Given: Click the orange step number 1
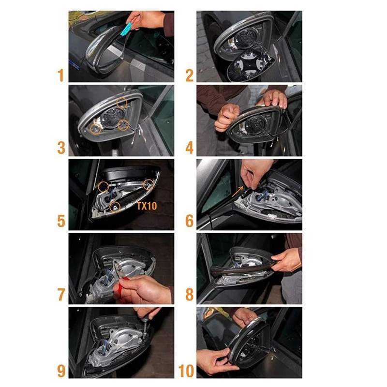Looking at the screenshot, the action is pyautogui.click(x=61, y=75).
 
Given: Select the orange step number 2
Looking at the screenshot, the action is pyautogui.click(x=189, y=75).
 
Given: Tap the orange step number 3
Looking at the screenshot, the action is pyautogui.click(x=61, y=148).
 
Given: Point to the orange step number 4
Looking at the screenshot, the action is pyautogui.click(x=189, y=148).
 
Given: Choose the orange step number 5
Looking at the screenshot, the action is pyautogui.click(x=61, y=221).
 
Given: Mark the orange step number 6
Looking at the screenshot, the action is pyautogui.click(x=189, y=221).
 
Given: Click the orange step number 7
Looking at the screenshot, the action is pyautogui.click(x=61, y=295).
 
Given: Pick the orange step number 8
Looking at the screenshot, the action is pyautogui.click(x=189, y=295).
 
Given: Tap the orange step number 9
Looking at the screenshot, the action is pyautogui.click(x=61, y=371).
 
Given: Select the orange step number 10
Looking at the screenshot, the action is pyautogui.click(x=186, y=371).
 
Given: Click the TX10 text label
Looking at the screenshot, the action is pyautogui.click(x=147, y=206).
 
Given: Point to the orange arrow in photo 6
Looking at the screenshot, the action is pyautogui.click(x=238, y=191).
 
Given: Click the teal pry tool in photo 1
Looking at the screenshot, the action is pyautogui.click(x=126, y=29).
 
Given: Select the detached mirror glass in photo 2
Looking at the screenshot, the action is pyautogui.click(x=251, y=65).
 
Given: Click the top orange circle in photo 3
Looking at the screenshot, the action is pyautogui.click(x=122, y=103).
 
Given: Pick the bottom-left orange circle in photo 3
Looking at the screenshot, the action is pyautogui.click(x=95, y=129).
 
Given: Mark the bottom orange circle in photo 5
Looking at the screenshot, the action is pyautogui.click(x=115, y=207).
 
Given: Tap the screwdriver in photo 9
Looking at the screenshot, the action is pyautogui.click(x=146, y=323).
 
